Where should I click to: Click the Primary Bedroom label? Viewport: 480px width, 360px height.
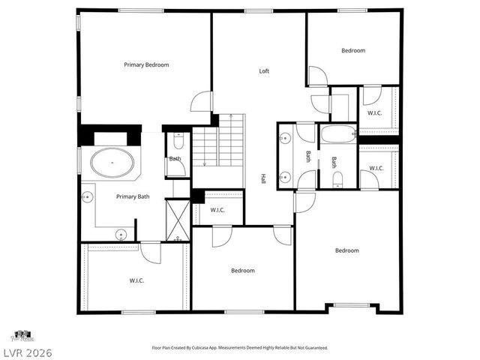point(146,65)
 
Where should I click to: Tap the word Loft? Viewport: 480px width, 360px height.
point(264,71)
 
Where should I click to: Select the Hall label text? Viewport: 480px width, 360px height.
point(263,179)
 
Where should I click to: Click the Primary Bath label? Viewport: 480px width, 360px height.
point(133,196)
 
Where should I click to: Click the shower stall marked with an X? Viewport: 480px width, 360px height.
point(178,220)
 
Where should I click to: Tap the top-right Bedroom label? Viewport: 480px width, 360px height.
point(353,50)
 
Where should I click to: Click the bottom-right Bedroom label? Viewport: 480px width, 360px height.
point(346,250)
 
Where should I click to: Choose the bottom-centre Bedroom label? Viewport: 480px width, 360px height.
point(242,271)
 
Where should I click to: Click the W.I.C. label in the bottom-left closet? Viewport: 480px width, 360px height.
point(136,280)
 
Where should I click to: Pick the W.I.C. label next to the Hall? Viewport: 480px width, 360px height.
point(218,210)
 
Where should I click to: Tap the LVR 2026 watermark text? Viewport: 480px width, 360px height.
point(26,352)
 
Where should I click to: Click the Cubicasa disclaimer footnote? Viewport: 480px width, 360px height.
point(240,348)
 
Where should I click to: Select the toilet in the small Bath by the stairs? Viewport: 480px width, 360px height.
point(178,142)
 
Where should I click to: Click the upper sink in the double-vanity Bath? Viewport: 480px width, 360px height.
point(285,138)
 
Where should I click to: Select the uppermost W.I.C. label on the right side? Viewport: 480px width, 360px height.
point(374,113)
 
